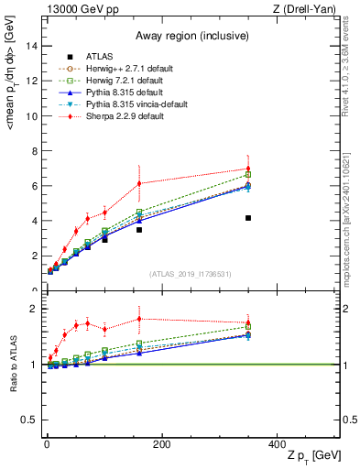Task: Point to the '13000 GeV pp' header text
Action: tap(75, 8)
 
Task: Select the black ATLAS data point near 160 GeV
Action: tap(139, 230)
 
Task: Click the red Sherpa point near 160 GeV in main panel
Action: tap(139, 183)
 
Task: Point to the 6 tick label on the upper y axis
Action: tap(35, 186)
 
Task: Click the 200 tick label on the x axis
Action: tap(162, 444)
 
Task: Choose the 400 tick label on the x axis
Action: tap(277, 444)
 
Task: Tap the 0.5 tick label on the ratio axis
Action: tap(30, 420)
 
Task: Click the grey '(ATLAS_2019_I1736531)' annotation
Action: tap(191, 274)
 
